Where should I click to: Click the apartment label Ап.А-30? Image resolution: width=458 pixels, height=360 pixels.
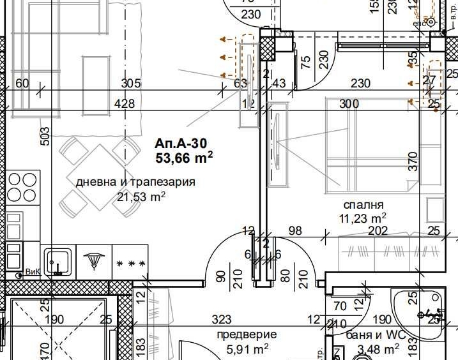point(182,144)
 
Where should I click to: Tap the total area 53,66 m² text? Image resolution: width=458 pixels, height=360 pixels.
point(183,156)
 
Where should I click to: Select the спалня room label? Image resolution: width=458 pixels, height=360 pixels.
point(363,205)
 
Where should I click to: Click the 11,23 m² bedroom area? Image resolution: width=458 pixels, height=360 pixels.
point(363,218)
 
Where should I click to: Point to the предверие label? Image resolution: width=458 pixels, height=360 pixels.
point(247,334)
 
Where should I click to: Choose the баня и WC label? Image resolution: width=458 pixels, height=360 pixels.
point(373,334)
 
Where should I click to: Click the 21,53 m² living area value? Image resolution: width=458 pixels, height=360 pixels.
point(141,196)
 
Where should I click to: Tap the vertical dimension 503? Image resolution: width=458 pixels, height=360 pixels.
point(45,137)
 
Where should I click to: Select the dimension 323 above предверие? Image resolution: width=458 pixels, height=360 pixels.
point(221,319)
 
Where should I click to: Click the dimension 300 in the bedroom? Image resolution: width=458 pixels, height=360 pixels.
point(349,103)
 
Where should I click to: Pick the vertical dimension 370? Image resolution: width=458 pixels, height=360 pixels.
point(413,160)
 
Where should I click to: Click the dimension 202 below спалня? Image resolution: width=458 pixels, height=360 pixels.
point(378,231)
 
